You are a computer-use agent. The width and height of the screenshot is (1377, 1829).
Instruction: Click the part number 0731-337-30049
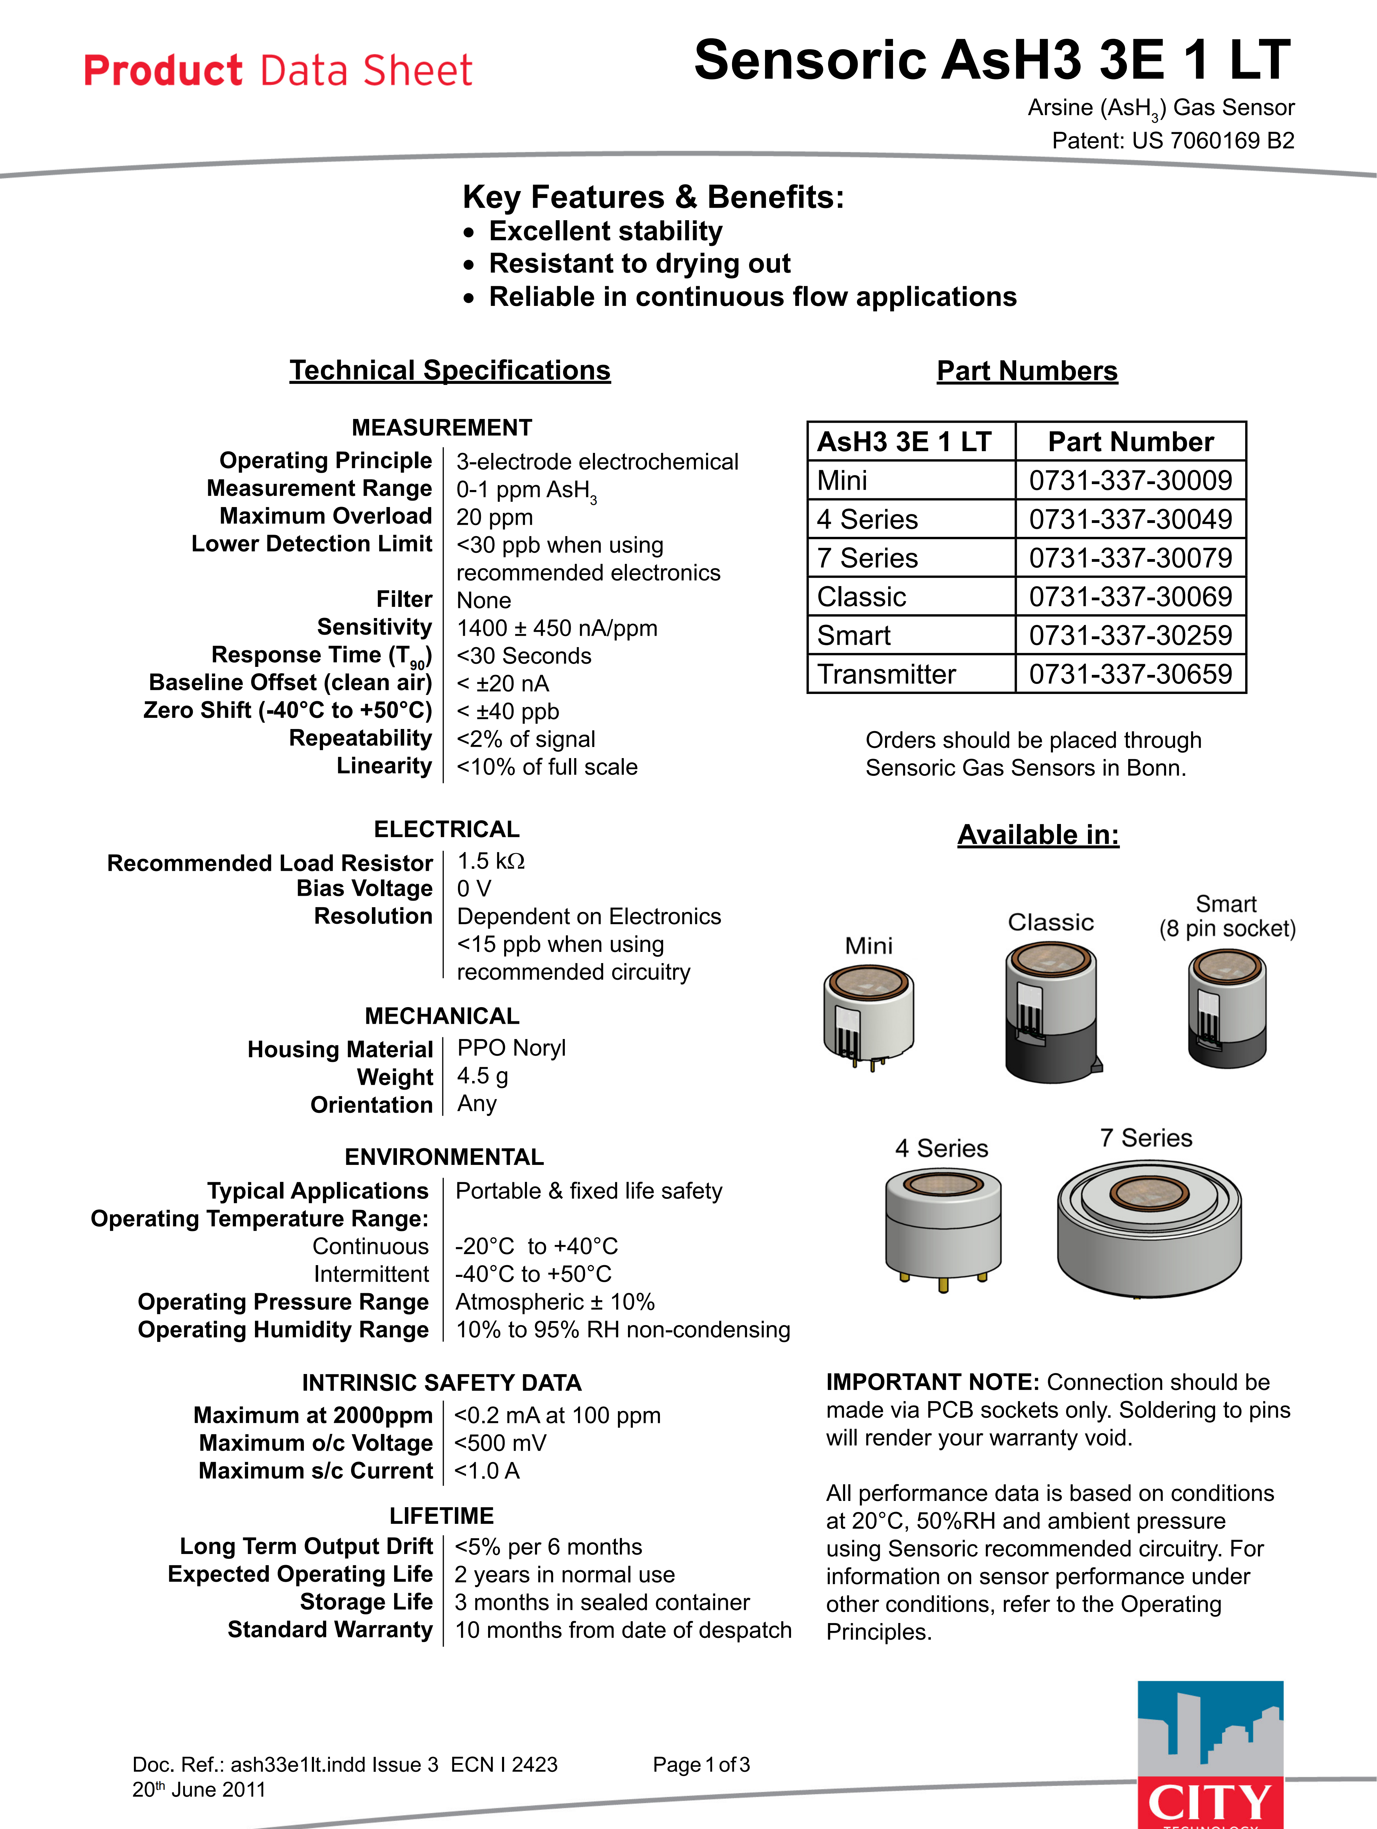pyautogui.click(x=1130, y=519)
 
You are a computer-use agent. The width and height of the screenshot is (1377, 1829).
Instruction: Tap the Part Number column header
pyautogui.click(x=1130, y=441)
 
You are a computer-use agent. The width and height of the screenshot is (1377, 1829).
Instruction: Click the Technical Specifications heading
pyautogui.click(x=450, y=370)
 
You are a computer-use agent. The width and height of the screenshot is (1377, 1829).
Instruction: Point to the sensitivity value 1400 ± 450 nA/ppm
pyautogui.click(x=556, y=628)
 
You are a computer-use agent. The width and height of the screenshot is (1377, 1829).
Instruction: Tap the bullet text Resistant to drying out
pyautogui.click(x=639, y=264)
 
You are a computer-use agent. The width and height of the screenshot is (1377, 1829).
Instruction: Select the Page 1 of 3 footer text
pyautogui.click(x=700, y=1764)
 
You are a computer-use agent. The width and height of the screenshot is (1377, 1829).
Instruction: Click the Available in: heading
pyautogui.click(x=1038, y=835)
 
